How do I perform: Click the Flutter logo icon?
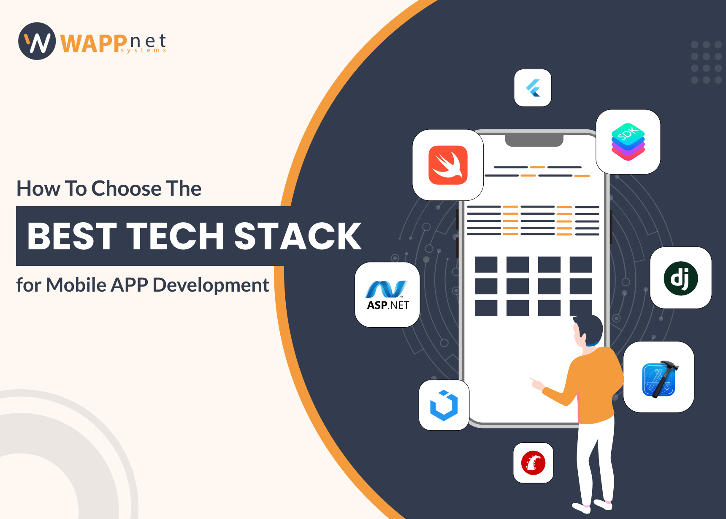pyautogui.click(x=533, y=88)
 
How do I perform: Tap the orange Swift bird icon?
pyautogui.click(x=448, y=165)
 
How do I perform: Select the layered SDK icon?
pyautogui.click(x=628, y=142)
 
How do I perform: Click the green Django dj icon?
pyautogui.click(x=680, y=278)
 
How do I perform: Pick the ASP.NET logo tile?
pyautogui.click(x=387, y=295)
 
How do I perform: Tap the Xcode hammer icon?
pyautogui.click(x=659, y=377)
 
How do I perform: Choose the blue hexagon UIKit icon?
pyautogui.click(x=444, y=405)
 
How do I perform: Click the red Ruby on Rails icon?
pyautogui.click(x=533, y=463)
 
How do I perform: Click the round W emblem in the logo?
pyautogui.click(x=37, y=41)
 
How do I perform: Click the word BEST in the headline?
pyautogui.click(x=72, y=236)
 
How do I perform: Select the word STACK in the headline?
pyautogui.click(x=298, y=236)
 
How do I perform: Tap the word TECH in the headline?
pyautogui.click(x=175, y=236)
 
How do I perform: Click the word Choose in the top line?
pyautogui.click(x=126, y=188)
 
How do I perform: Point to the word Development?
pyautogui.click(x=211, y=285)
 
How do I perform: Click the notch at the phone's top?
pyautogui.click(x=534, y=141)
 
